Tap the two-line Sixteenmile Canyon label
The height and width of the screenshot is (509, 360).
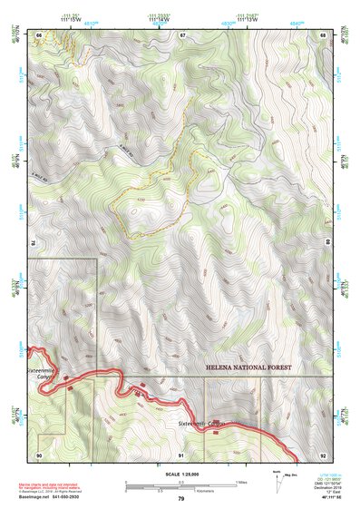pos(41,374)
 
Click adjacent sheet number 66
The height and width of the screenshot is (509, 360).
pos(40,34)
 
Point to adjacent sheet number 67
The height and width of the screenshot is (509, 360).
pos(181,34)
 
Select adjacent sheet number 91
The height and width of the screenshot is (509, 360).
pos(181,454)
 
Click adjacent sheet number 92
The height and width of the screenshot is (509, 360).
pos(322,454)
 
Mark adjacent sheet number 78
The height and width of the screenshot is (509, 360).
pos(34,243)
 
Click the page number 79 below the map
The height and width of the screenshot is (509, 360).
pos(180,498)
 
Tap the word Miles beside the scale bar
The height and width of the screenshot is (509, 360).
pos(240,482)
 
